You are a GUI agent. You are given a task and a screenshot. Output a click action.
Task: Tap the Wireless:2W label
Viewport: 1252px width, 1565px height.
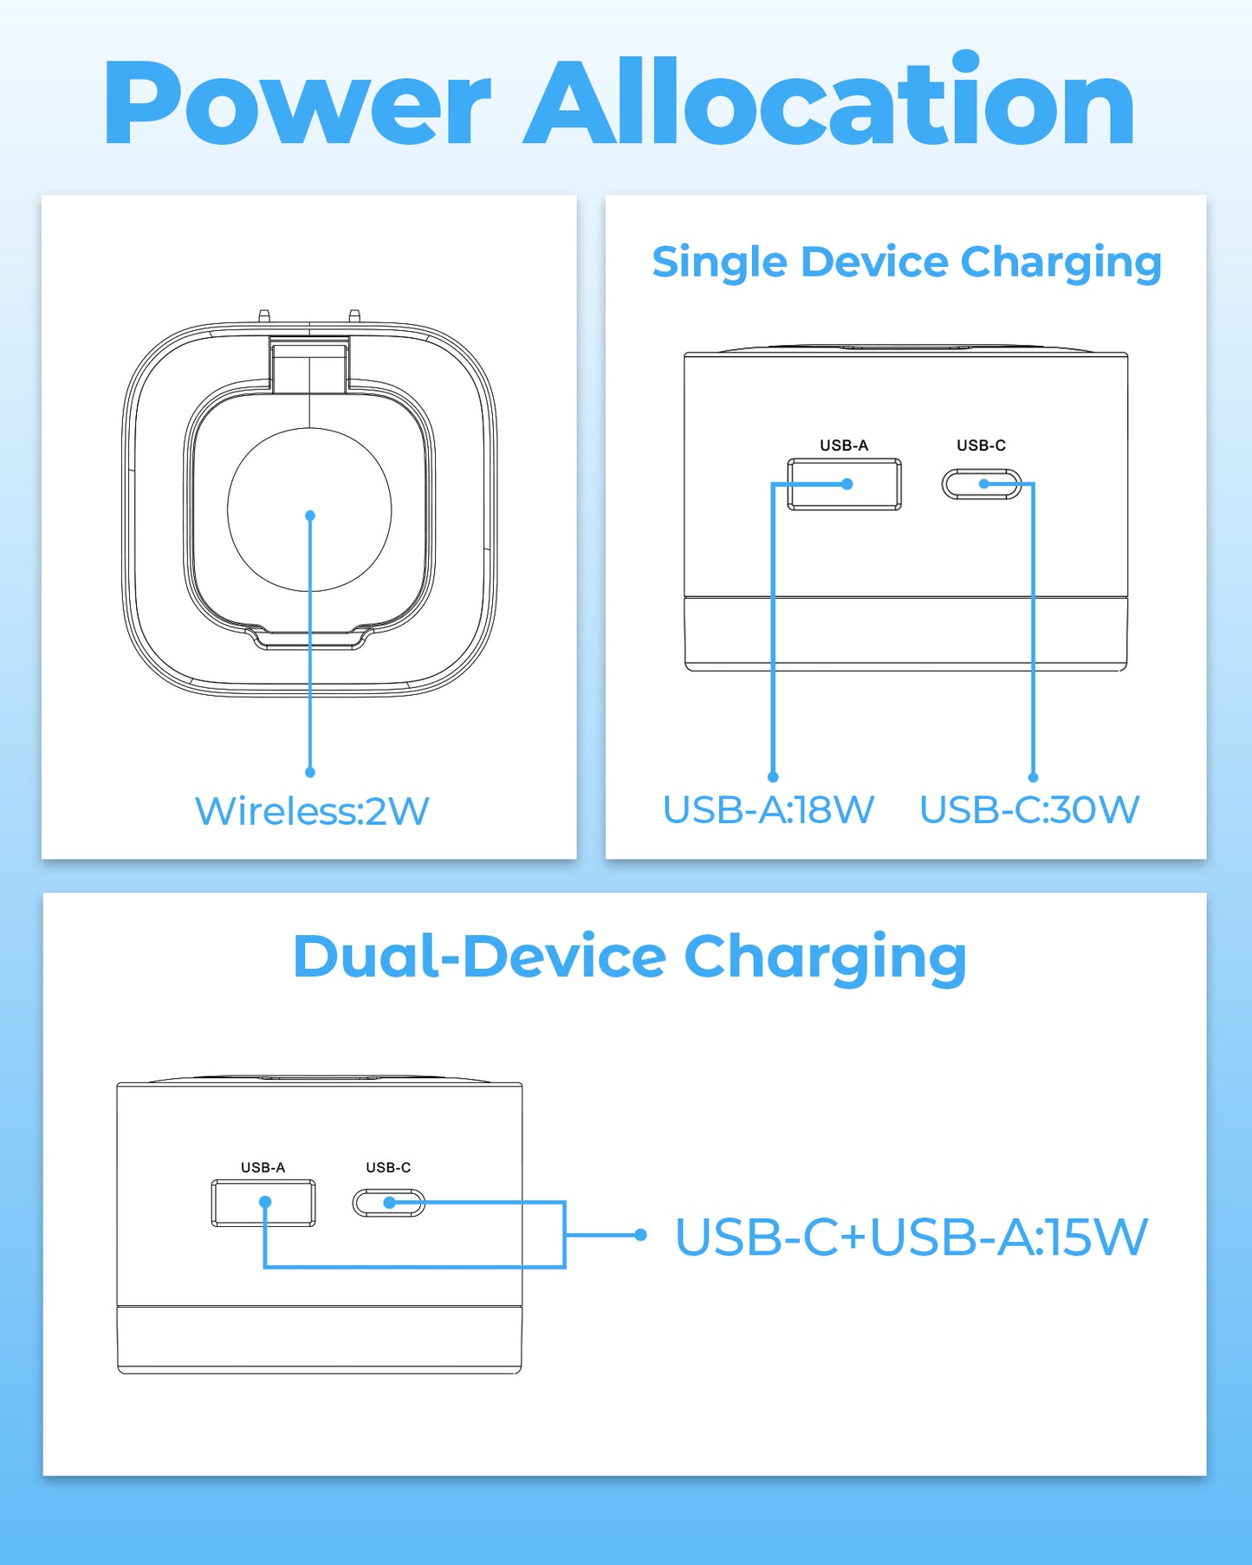tap(312, 811)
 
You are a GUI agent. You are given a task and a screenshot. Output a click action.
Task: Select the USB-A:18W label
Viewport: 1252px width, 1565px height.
tap(769, 810)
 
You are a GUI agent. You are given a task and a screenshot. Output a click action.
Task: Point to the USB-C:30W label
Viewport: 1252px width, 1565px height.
tap(1029, 810)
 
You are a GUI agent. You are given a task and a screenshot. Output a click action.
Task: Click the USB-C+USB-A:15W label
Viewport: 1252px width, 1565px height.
tap(911, 1237)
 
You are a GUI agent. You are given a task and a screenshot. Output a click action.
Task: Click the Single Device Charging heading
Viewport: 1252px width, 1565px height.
tap(906, 262)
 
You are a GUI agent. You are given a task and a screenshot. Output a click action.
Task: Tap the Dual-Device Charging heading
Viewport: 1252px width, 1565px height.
tap(630, 957)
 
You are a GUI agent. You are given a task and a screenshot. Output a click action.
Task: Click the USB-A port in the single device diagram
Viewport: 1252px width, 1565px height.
tap(843, 484)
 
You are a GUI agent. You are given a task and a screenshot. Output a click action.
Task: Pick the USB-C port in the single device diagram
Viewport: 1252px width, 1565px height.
tap(982, 484)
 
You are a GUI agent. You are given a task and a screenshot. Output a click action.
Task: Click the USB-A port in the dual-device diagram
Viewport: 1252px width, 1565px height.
tap(263, 1203)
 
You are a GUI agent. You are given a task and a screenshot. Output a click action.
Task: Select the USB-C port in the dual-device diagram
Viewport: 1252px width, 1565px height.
tap(389, 1203)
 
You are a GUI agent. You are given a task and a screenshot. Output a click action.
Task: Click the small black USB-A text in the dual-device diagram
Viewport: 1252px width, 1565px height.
tap(263, 1167)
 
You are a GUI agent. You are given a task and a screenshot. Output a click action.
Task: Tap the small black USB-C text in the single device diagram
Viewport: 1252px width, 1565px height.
tap(981, 445)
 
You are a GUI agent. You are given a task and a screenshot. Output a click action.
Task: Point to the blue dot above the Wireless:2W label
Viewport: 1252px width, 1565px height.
tap(310, 772)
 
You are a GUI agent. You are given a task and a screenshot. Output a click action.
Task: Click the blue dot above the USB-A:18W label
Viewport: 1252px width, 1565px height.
tap(773, 777)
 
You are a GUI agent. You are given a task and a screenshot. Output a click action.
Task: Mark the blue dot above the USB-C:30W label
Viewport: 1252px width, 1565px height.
tap(1033, 777)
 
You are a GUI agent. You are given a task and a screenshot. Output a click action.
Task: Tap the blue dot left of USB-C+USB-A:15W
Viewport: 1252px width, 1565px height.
tap(641, 1235)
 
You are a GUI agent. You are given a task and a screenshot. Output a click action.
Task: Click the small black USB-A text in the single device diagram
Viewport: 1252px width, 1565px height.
tap(844, 445)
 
